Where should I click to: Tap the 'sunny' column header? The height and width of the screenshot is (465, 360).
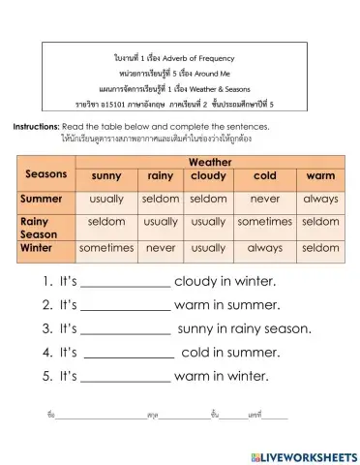(x=106, y=176)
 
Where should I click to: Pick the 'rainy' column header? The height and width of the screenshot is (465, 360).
(x=161, y=176)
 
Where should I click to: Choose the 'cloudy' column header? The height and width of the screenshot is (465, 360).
(x=208, y=176)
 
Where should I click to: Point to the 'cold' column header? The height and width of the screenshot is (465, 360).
(x=264, y=176)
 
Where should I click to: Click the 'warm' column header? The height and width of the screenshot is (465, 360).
(x=320, y=176)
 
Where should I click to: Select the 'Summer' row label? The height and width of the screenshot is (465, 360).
(x=42, y=199)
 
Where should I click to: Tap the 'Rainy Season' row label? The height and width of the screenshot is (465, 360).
(x=42, y=228)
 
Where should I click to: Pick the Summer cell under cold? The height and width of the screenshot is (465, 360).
(x=264, y=199)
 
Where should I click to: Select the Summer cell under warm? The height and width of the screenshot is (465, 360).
(x=320, y=199)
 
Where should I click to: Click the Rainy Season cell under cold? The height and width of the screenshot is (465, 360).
(x=264, y=222)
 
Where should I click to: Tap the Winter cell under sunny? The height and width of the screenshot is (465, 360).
(x=106, y=248)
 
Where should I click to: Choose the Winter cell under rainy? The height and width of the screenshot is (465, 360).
(x=161, y=248)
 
